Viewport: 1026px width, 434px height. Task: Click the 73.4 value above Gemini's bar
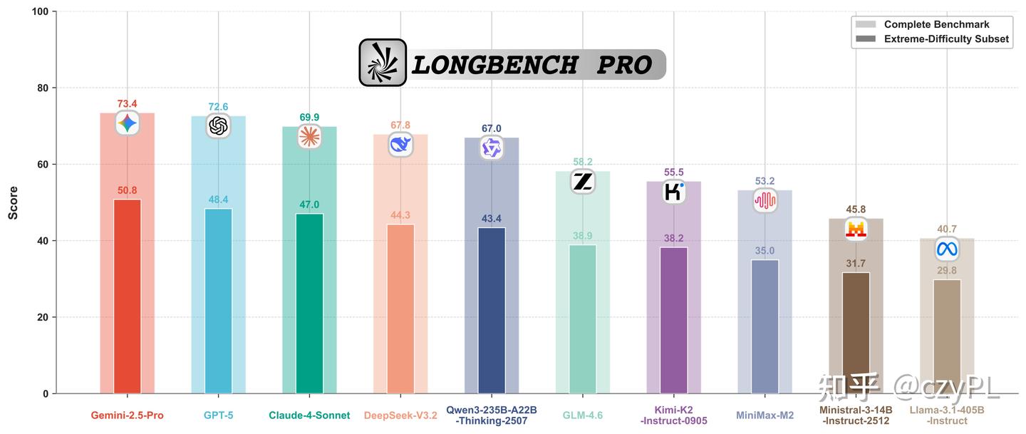(127, 104)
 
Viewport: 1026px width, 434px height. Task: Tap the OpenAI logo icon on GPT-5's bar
(218, 126)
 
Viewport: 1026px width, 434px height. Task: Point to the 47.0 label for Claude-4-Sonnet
(309, 205)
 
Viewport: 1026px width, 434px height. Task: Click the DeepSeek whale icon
(400, 145)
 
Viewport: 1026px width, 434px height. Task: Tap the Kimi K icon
(674, 192)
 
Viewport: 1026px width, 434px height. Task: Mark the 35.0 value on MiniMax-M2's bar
(765, 251)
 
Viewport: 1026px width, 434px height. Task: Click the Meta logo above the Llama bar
(947, 249)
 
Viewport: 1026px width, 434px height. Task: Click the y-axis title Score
(14, 203)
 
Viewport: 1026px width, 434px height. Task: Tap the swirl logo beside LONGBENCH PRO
(383, 63)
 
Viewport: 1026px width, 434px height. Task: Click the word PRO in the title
(624, 66)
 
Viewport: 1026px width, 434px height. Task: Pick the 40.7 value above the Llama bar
(947, 229)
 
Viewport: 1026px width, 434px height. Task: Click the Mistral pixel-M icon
(856, 229)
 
